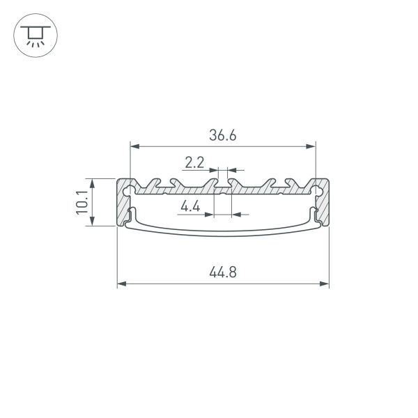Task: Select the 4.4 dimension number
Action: click(190, 206)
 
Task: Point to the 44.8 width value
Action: click(222, 272)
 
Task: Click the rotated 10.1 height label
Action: click(82, 202)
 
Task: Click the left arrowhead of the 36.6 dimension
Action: click(134, 146)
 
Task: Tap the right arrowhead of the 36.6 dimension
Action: click(311, 146)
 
